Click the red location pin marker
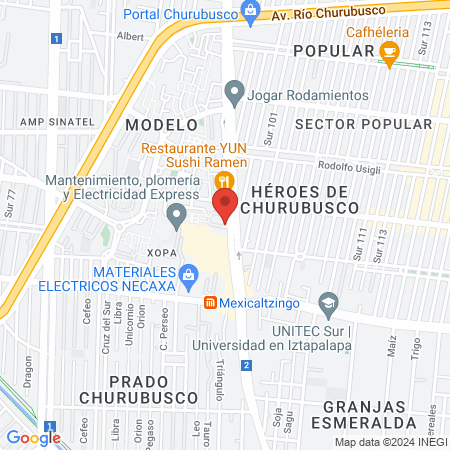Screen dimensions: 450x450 (x=225, y=205)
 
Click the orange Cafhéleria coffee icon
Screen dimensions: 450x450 (x=390, y=51)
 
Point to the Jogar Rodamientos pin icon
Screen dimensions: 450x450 (x=235, y=96)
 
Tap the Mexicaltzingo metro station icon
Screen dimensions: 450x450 (x=210, y=303)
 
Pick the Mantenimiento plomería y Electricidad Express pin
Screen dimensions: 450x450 (x=176, y=215)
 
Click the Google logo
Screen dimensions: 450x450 (x=33, y=437)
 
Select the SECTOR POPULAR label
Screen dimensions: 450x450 (x=365, y=125)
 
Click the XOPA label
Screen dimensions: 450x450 (x=162, y=252)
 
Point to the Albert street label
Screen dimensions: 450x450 (x=130, y=35)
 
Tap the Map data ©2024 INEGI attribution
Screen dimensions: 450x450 (x=390, y=442)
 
